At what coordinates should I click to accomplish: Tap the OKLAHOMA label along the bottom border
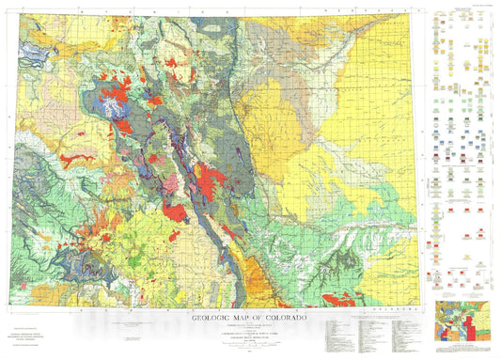pyautogui.click(x=382, y=306)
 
